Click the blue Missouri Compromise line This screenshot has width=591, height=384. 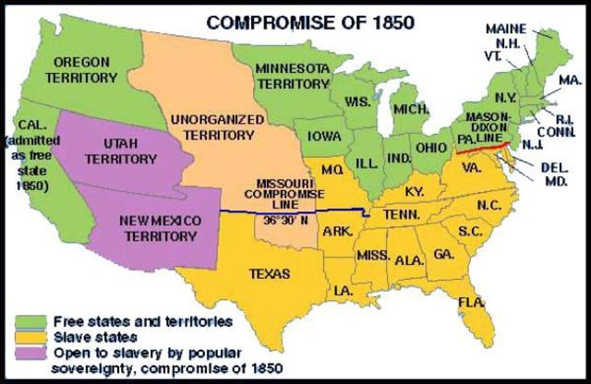277,215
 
